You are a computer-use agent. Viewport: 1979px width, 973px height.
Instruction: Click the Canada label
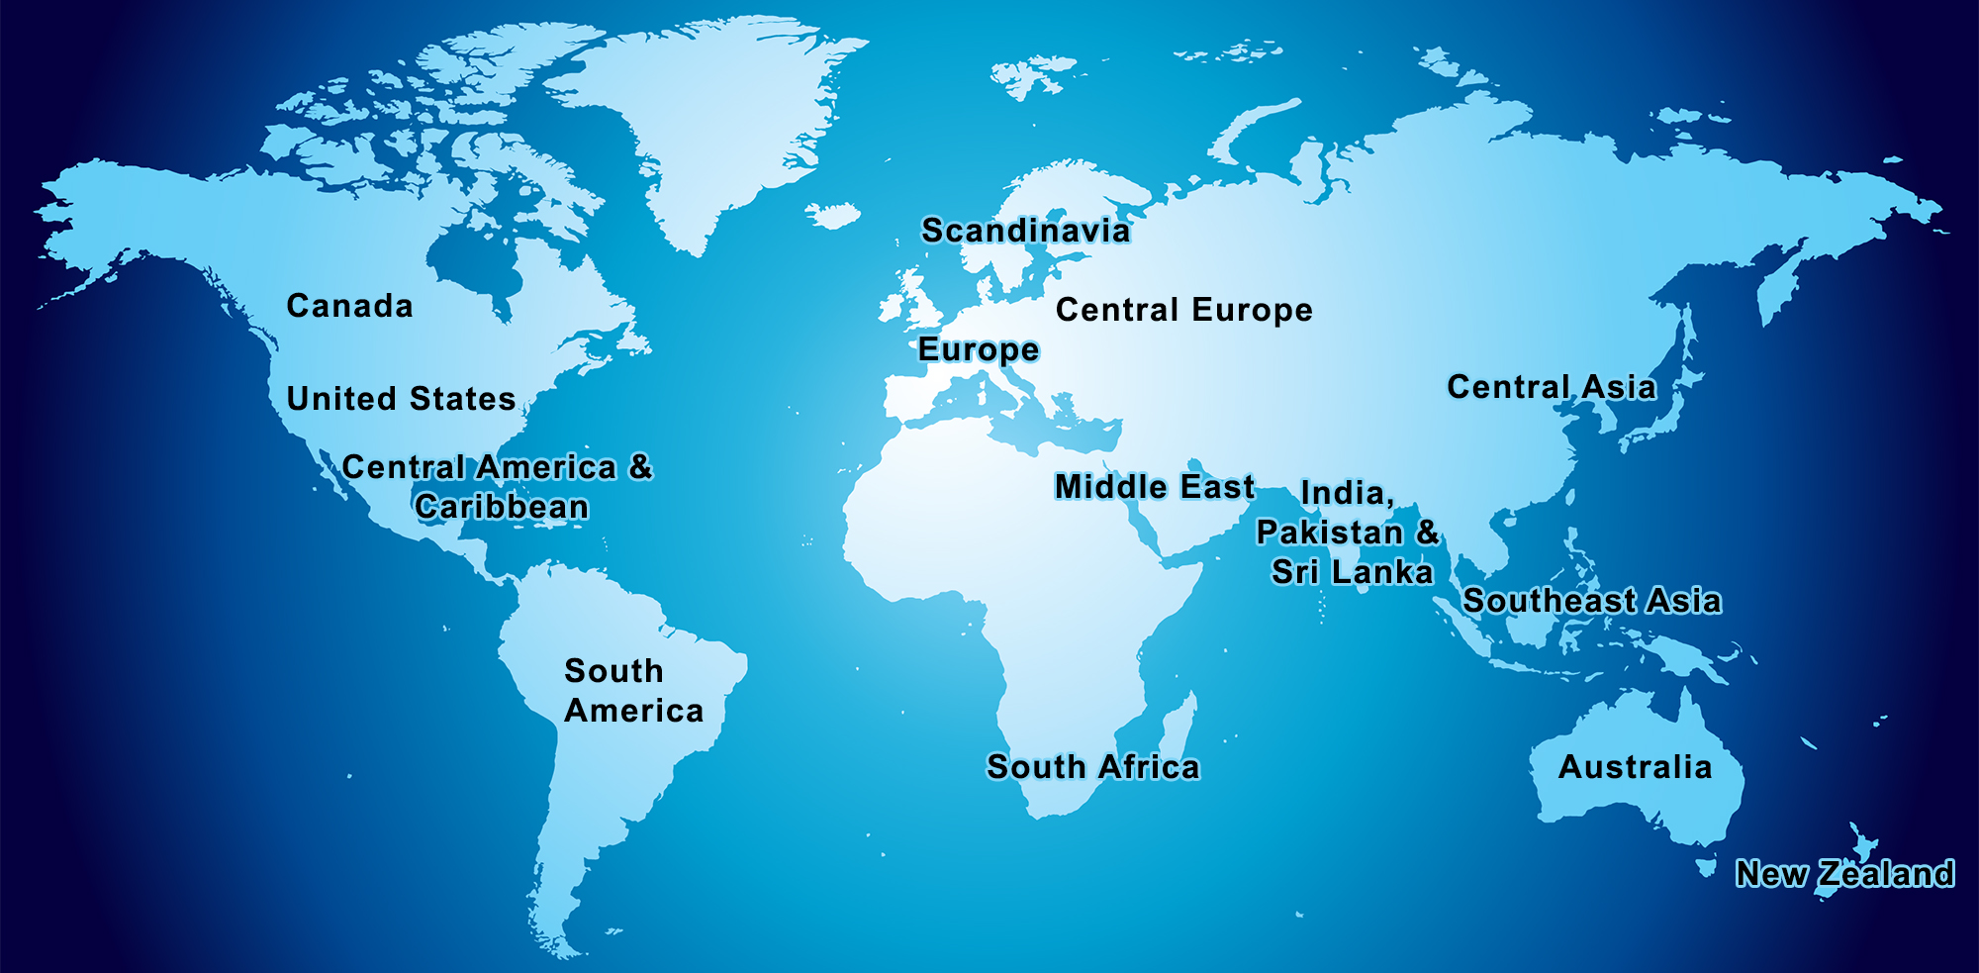349,306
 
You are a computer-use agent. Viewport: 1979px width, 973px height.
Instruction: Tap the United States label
401,399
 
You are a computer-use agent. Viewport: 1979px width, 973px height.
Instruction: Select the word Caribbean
502,507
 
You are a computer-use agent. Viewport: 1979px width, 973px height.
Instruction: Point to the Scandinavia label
1025,231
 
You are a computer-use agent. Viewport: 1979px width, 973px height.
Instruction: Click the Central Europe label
1183,310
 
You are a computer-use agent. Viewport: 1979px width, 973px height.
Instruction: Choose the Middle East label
1154,487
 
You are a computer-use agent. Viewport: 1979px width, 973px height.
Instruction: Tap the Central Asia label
1551,387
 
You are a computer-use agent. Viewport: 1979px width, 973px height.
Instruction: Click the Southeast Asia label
1591,601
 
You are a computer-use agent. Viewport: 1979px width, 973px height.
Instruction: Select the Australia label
1635,767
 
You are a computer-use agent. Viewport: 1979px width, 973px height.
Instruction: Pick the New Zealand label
1844,874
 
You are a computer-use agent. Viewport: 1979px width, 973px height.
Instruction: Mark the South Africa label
1092,767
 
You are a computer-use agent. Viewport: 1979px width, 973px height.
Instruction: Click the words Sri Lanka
1352,572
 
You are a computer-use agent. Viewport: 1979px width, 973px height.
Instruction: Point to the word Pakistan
1329,533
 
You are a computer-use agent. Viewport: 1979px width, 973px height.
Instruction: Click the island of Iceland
832,215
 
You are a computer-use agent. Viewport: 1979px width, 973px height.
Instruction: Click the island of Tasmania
1705,868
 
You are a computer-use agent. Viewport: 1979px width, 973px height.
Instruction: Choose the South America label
633,691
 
